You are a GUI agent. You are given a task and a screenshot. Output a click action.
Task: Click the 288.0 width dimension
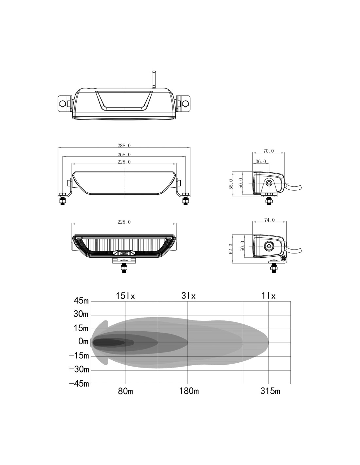pyautogui.click(x=124, y=146)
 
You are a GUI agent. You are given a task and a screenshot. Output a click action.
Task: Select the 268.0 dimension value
pyautogui.click(x=124, y=154)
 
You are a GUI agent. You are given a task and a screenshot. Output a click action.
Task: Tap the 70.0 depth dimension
pyautogui.click(x=268, y=151)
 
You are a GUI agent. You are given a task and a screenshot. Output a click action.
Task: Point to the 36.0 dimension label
pyautogui.click(x=261, y=161)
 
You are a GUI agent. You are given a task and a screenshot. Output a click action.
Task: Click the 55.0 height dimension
pyautogui.click(x=231, y=184)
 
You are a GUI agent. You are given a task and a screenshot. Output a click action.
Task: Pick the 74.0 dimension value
pyautogui.click(x=269, y=220)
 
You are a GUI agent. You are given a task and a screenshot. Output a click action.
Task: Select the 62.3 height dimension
pyautogui.click(x=231, y=249)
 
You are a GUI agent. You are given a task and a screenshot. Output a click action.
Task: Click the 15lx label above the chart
pyautogui.click(x=125, y=296)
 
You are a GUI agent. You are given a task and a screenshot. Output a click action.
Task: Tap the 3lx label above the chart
pyautogui.click(x=189, y=296)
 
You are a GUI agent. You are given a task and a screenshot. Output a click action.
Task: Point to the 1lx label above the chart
pyautogui.click(x=268, y=296)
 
